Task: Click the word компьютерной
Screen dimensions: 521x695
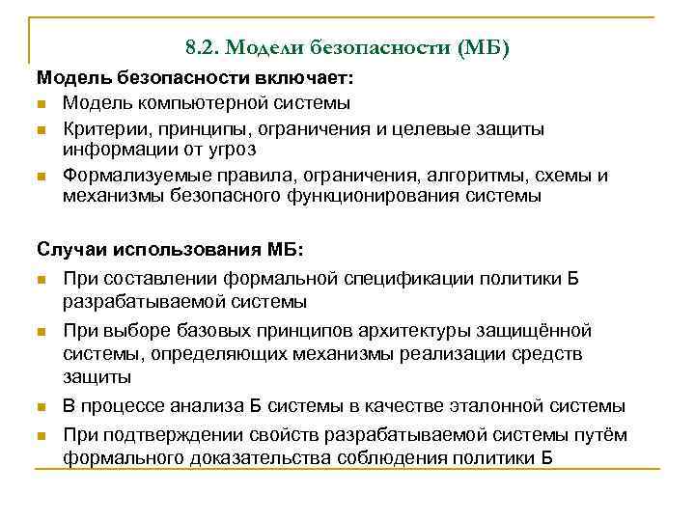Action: tap(200, 102)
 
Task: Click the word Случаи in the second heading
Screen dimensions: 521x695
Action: tap(73, 250)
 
